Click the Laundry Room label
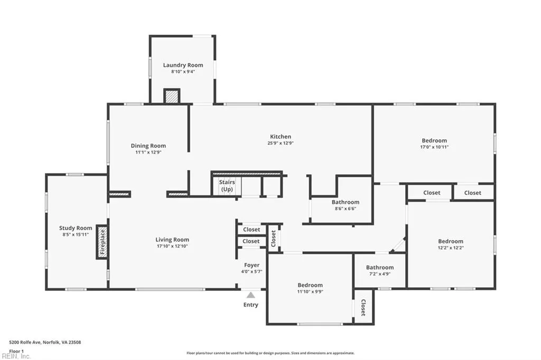(183, 65)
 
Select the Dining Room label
(148, 146)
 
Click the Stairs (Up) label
(227, 185)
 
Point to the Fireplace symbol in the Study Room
(102, 242)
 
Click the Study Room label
(76, 228)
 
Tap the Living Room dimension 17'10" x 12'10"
(172, 246)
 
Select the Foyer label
(251, 265)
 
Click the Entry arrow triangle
(251, 295)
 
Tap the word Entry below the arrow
(251, 305)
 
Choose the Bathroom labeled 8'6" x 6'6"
(346, 202)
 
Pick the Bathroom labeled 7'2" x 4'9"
(380, 268)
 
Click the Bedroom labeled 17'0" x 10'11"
(434, 140)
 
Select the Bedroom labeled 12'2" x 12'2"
(450, 241)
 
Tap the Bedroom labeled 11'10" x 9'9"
(310, 285)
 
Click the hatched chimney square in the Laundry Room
(172, 96)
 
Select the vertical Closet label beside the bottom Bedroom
(363, 308)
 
